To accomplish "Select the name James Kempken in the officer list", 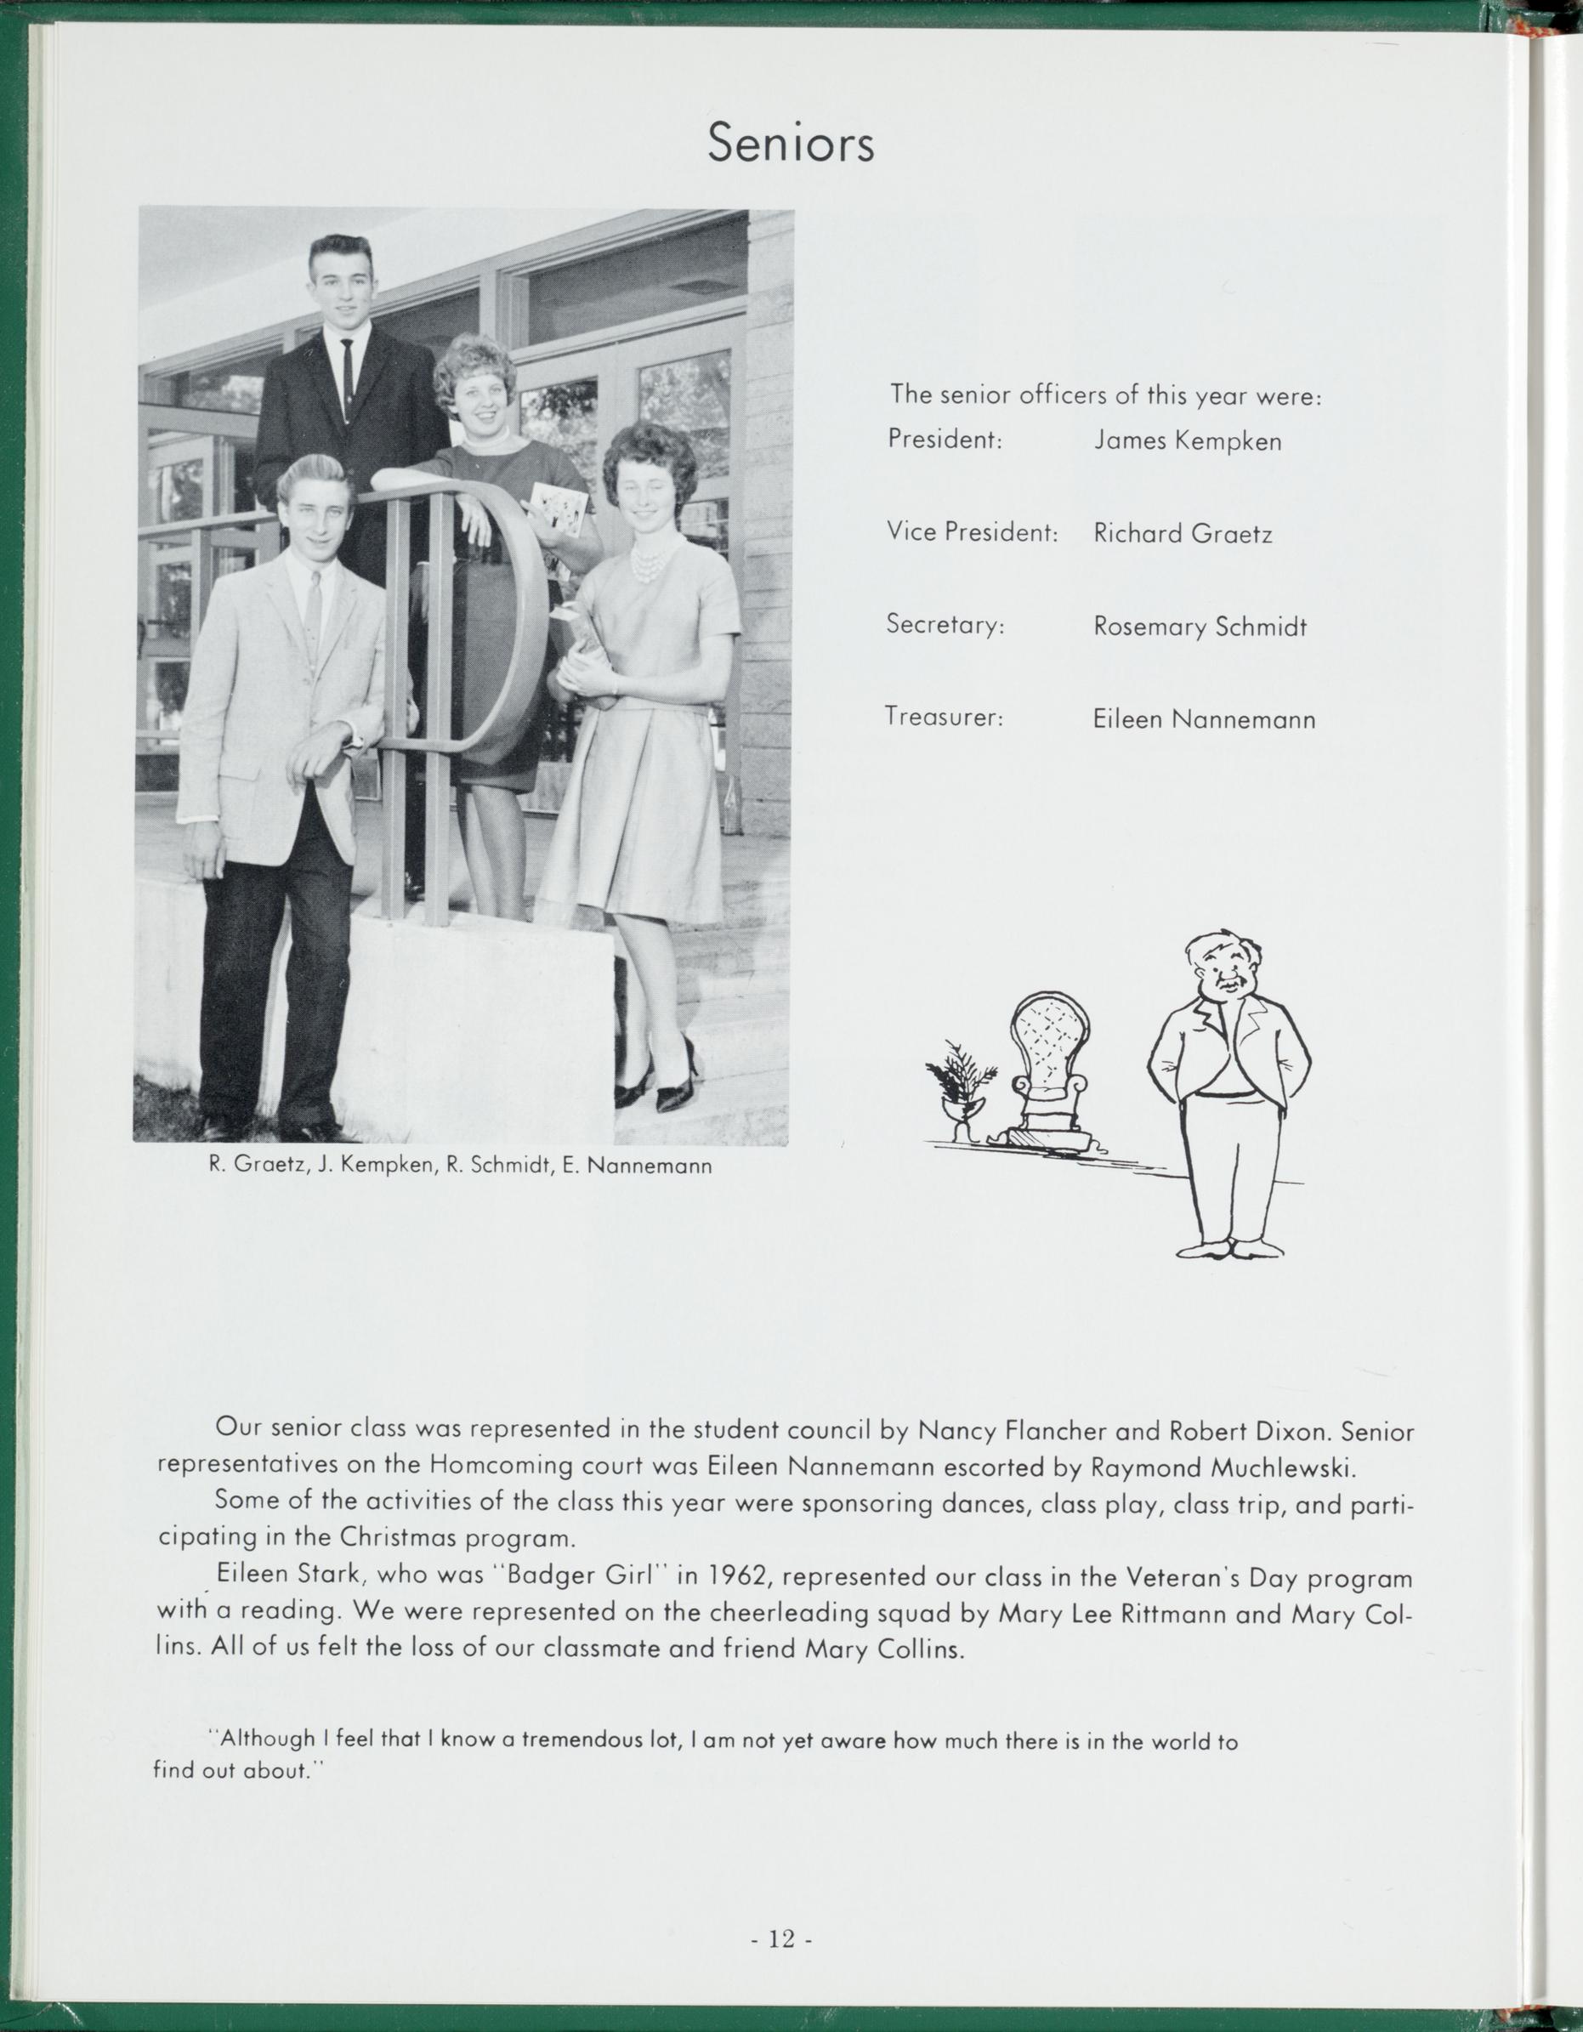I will point(1187,440).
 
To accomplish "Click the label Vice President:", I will point(972,532).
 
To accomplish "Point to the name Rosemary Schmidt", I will point(1200,627).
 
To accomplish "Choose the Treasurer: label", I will point(943,718).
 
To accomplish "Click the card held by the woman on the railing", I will point(556,510).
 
